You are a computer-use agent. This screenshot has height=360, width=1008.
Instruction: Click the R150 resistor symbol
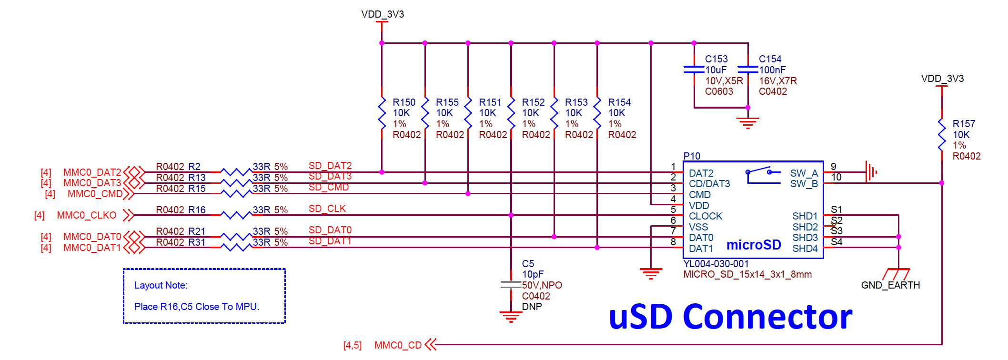(x=382, y=113)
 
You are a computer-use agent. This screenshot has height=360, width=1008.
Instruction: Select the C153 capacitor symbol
(x=694, y=70)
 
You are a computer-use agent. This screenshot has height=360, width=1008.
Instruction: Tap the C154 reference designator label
(x=770, y=59)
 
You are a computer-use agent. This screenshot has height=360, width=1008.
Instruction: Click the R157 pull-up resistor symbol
(x=941, y=135)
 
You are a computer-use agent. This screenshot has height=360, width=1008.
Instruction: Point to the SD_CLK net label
(x=327, y=209)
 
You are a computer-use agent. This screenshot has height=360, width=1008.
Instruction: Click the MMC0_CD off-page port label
(x=398, y=345)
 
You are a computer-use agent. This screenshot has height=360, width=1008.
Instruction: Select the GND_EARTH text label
(x=890, y=285)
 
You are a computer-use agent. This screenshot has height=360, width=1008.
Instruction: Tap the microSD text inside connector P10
(x=753, y=245)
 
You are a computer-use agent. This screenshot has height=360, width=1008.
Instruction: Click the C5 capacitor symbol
(x=511, y=284)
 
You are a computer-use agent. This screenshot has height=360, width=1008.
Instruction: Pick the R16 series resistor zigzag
(x=236, y=215)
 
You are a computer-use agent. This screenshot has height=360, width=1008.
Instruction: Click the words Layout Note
(x=161, y=285)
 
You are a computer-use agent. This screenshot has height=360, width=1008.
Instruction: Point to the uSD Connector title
(x=730, y=317)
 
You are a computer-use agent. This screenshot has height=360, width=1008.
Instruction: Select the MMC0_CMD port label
(x=95, y=194)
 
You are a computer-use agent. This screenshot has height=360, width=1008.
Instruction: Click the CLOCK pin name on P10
(x=705, y=216)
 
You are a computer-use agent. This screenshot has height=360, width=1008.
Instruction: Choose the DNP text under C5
(x=532, y=307)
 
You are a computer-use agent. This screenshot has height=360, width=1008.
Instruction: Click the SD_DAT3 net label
(x=330, y=177)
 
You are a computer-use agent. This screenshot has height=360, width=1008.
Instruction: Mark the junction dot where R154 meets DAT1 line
(x=597, y=248)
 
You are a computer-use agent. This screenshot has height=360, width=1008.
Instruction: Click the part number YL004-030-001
(x=716, y=264)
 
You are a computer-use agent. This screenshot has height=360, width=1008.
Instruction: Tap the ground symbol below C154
(x=747, y=123)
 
